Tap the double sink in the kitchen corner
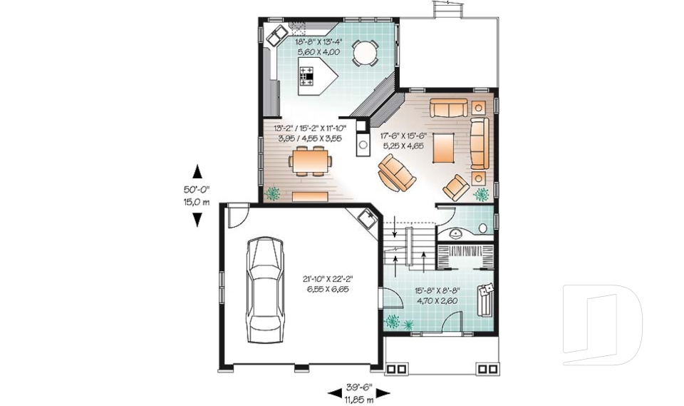[276, 34]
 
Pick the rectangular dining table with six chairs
[309, 161]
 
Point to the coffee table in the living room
[444, 146]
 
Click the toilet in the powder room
[483, 228]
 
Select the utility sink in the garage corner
[368, 217]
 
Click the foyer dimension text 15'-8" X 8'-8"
[436, 290]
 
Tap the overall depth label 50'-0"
[197, 190]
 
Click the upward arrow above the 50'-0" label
[197, 172]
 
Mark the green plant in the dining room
[272, 193]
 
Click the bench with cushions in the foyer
[485, 299]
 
